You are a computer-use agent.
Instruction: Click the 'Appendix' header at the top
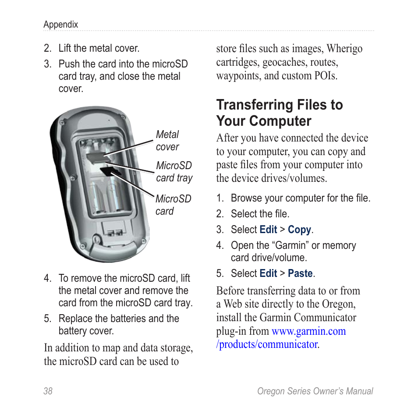(60, 25)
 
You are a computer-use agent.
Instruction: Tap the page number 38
(48, 391)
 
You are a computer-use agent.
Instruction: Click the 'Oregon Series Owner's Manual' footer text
(315, 391)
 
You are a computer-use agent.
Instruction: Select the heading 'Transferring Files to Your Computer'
(279, 113)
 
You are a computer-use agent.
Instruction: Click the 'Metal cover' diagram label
(167, 141)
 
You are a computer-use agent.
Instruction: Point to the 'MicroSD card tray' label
(174, 171)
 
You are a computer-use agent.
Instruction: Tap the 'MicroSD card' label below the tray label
(173, 205)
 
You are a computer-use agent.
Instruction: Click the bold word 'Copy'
(299, 230)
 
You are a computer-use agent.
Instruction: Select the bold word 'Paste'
(300, 273)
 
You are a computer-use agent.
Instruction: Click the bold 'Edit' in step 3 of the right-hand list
(268, 230)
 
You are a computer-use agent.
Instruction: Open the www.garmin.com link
(308, 331)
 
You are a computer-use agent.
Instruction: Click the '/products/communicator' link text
(266, 344)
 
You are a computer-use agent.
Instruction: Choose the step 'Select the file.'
(260, 214)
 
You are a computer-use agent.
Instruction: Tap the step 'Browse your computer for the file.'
(300, 198)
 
